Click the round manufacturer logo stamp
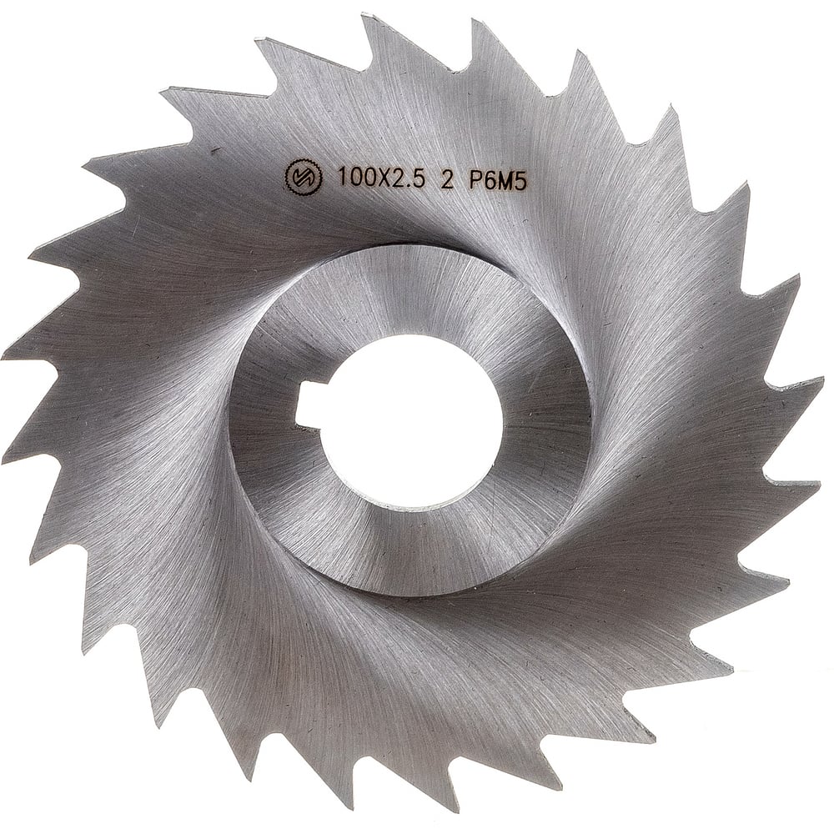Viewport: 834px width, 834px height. (304, 177)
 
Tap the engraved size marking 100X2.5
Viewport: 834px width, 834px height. (381, 177)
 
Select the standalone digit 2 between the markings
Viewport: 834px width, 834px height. (447, 181)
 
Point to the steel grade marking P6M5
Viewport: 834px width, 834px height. (497, 182)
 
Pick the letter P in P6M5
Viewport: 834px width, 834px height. (475, 181)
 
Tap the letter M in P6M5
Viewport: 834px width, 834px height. (505, 182)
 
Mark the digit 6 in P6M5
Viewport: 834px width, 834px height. (490, 181)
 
